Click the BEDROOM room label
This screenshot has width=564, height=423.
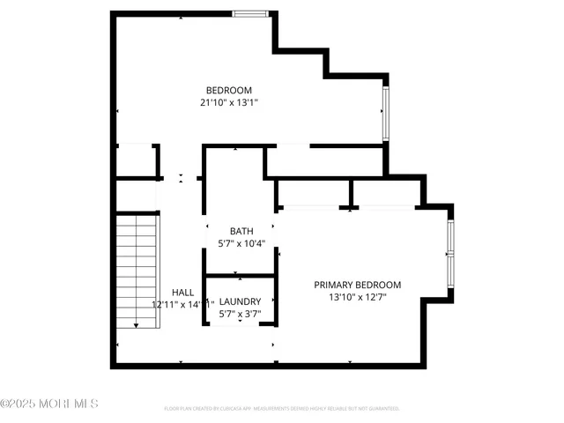coord(229,90)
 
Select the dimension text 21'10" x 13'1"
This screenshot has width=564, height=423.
coord(229,102)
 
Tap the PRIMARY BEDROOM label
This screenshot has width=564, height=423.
coord(358,285)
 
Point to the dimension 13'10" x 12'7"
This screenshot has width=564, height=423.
coord(358,297)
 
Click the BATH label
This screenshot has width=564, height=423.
coord(241,231)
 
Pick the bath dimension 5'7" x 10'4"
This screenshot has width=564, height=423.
coord(241,243)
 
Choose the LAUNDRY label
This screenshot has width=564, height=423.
coord(240,301)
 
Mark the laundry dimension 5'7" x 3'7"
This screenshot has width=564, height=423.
coord(240,314)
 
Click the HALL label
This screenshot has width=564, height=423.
coord(182,293)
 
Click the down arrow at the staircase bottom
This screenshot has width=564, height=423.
coord(137,324)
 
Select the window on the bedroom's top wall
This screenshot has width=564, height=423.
coord(250,14)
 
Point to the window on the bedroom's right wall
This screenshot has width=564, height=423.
coord(385,113)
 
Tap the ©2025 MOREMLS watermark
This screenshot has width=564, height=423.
coord(49,404)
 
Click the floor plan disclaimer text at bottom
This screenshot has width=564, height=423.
coord(282,409)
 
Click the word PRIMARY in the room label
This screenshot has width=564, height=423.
coord(335,285)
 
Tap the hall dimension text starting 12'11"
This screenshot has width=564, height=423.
coord(182,305)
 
